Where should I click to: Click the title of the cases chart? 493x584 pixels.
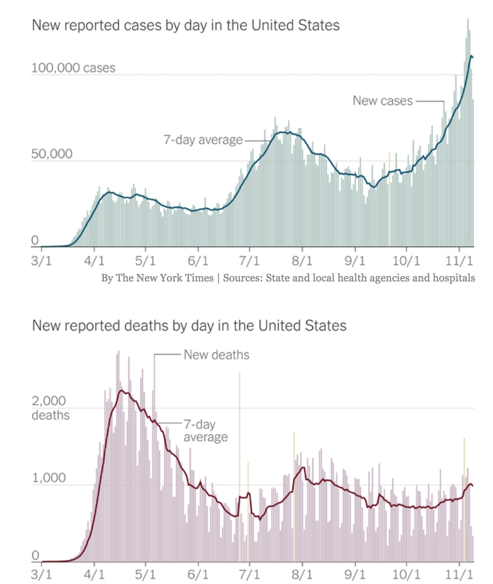(186, 25)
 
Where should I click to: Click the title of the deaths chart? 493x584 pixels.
(189, 325)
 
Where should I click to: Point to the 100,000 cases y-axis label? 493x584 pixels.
(73, 68)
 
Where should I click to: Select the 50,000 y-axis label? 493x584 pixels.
(52, 154)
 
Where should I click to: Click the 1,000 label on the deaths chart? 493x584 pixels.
(49, 478)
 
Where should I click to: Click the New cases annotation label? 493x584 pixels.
(383, 101)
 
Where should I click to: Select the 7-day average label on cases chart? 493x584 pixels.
(203, 140)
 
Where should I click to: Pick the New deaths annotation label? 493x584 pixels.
(216, 354)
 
